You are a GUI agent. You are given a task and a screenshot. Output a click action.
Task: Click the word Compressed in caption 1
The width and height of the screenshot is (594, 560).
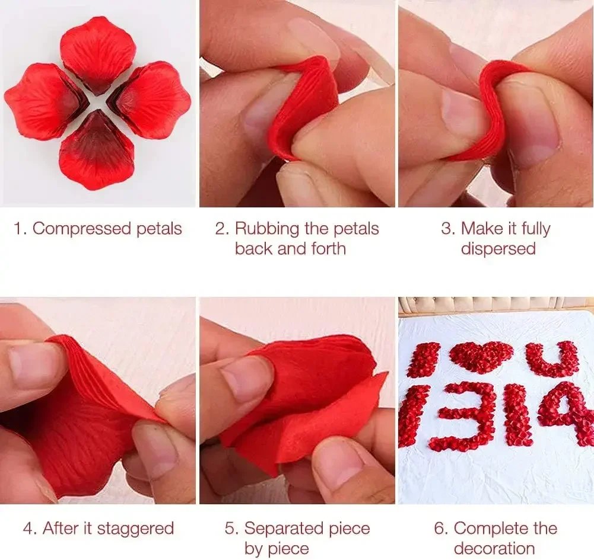81,229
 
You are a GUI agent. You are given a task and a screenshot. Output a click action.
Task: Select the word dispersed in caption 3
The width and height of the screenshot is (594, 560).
498,248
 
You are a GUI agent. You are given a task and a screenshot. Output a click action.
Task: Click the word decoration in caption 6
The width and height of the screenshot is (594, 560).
494,548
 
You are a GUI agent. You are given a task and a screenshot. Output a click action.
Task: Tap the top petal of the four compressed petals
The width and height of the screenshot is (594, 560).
97,52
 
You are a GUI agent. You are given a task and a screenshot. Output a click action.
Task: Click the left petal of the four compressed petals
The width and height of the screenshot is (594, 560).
42,101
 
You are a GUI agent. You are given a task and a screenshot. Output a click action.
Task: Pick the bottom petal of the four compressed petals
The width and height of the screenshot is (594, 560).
96,152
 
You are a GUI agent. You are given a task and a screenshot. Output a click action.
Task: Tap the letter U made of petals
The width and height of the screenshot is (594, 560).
552,359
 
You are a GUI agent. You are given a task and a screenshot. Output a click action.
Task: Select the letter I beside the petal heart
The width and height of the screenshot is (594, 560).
424,359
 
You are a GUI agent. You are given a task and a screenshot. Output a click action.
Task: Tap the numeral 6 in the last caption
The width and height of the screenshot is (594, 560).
440,528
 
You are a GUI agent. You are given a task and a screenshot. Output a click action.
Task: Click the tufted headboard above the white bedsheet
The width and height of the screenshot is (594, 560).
495,303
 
